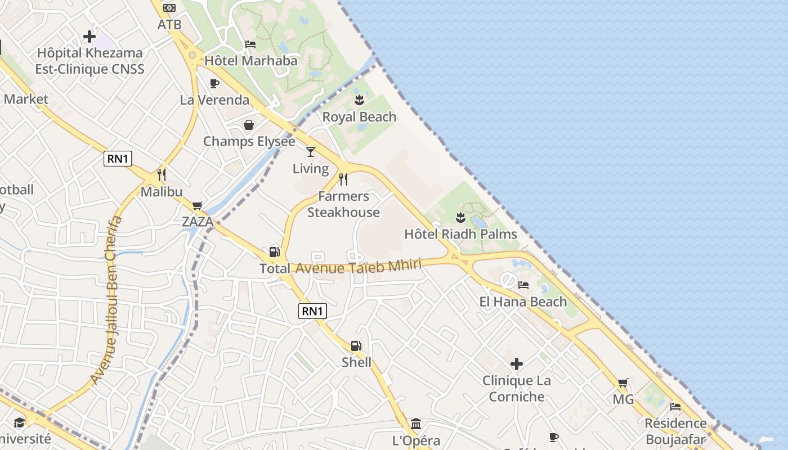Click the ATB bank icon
pos(169,8)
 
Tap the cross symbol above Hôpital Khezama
pos(89,37)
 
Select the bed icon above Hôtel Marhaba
pos(250,44)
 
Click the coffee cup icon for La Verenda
pos(214,84)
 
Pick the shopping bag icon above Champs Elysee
pos(248,125)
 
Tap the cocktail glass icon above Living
pos(310,152)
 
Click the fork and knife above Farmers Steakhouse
pos(343,179)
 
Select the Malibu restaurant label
pos(162,191)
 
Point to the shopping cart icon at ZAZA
pos(197,205)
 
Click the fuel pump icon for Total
pos(275,252)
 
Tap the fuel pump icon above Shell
pos(356,345)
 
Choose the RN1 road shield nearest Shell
pos(312,311)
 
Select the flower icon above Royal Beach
pos(359,101)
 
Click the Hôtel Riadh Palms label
pos(460,233)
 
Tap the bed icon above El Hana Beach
pos(523,285)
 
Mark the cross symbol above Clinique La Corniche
pos(517,364)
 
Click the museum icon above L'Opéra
pos(416,424)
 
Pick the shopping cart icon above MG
pos(623,383)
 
